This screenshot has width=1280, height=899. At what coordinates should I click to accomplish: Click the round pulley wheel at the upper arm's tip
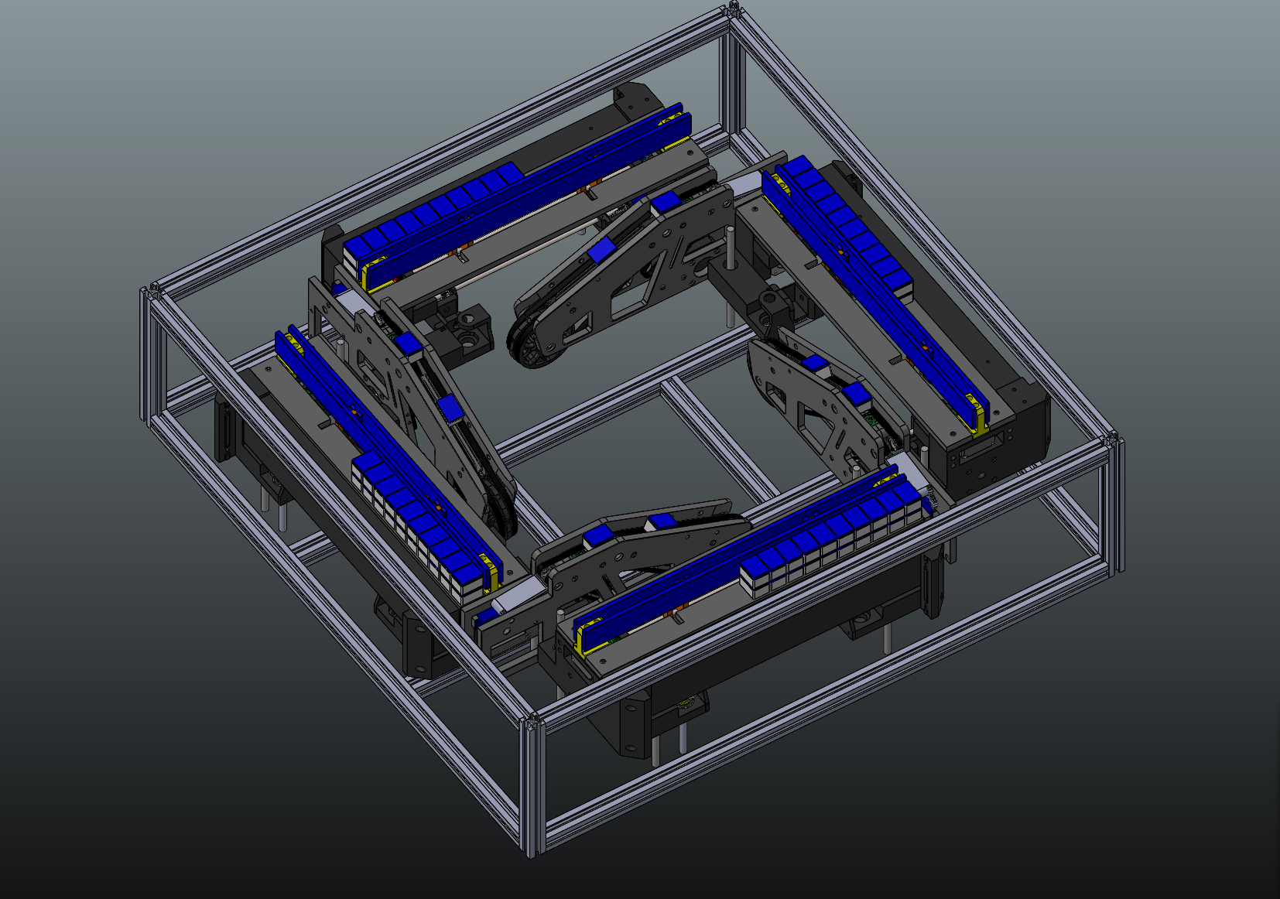tap(533, 345)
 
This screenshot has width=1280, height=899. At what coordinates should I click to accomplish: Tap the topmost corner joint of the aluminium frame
tap(732, 10)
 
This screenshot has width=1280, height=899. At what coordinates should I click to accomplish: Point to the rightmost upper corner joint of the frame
tap(1115, 442)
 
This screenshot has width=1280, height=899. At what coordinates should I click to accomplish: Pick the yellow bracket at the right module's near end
tap(981, 424)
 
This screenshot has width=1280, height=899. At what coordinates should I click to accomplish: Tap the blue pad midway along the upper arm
tap(601, 251)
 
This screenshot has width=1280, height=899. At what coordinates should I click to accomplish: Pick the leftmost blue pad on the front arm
tap(596, 537)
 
